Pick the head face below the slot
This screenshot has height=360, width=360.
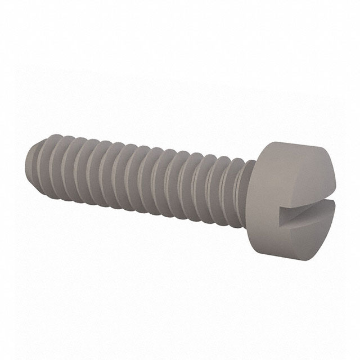click(312, 236)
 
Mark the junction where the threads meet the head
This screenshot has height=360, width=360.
click(247, 180)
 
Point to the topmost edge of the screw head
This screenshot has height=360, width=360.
click(292, 142)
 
